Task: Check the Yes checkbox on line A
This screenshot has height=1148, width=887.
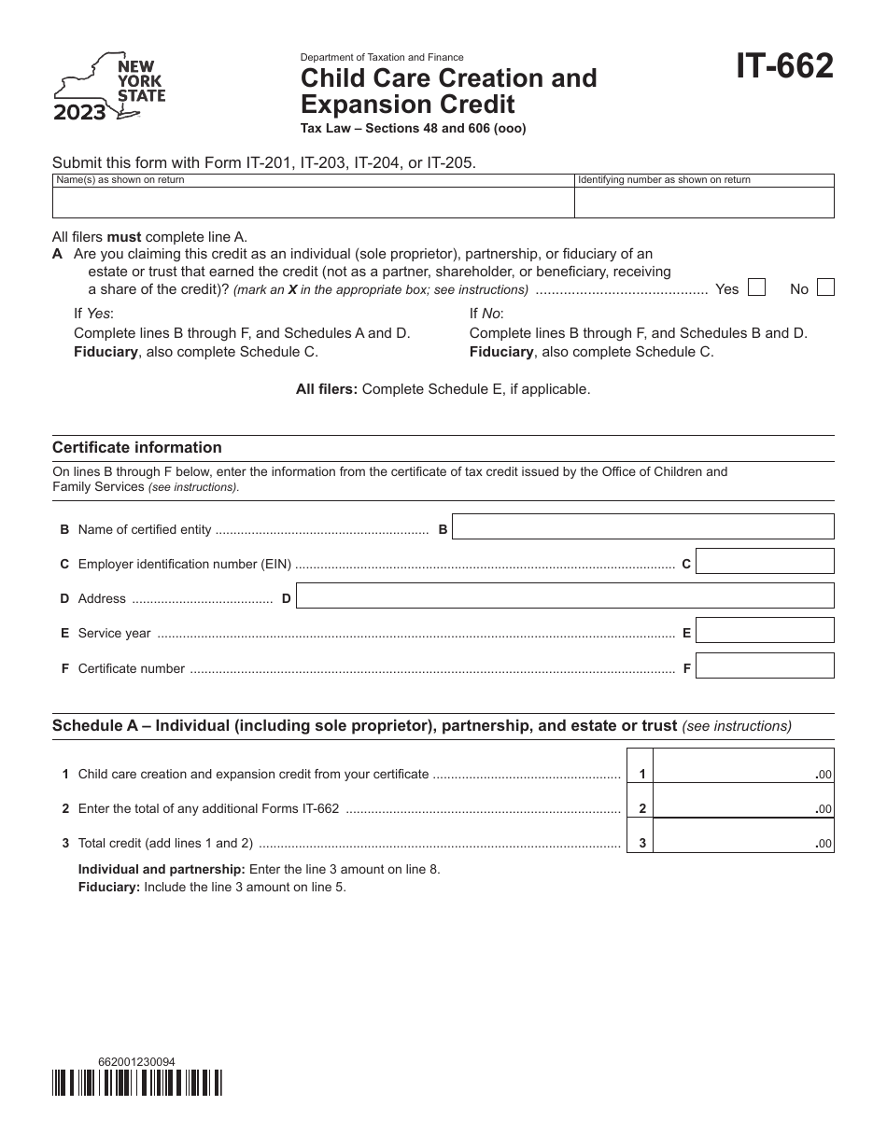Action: [757, 287]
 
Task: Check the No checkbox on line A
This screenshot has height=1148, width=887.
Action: [825, 287]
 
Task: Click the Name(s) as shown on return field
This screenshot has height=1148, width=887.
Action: [312, 202]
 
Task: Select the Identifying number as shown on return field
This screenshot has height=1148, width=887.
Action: [703, 202]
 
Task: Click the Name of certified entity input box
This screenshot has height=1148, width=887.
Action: [642, 526]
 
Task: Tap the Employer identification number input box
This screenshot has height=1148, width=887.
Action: [765, 561]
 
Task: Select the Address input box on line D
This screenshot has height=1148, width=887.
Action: [564, 595]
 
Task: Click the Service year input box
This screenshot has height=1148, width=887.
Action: [765, 631]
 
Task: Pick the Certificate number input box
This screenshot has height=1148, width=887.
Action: [765, 665]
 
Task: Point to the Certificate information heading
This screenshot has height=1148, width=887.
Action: [137, 448]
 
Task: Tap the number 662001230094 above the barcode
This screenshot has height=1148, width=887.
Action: [136, 1061]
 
